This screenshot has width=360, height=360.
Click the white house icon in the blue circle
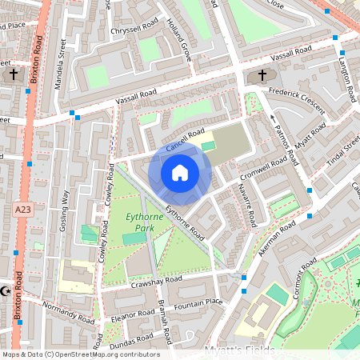click(x=180, y=172)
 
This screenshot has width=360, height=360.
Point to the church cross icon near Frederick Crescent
click(x=262, y=76)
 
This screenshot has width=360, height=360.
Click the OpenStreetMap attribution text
click(x=80, y=354)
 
